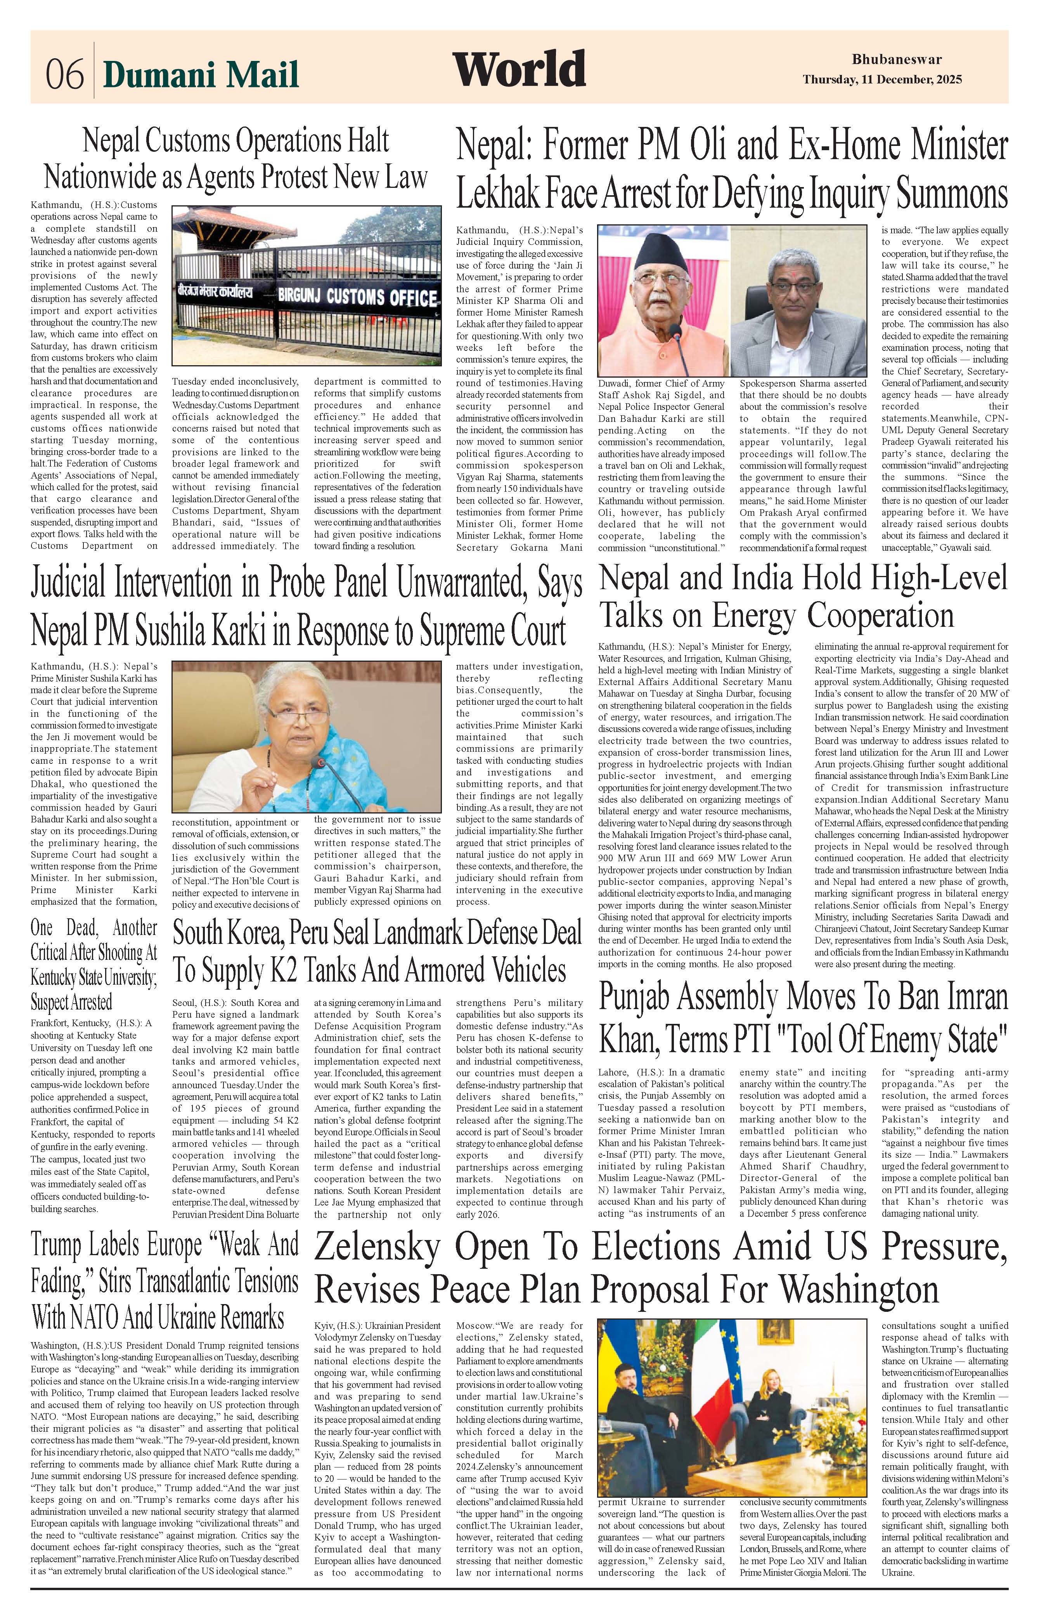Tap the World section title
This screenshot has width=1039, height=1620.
(519, 69)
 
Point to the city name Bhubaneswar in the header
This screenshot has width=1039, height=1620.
(897, 59)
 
